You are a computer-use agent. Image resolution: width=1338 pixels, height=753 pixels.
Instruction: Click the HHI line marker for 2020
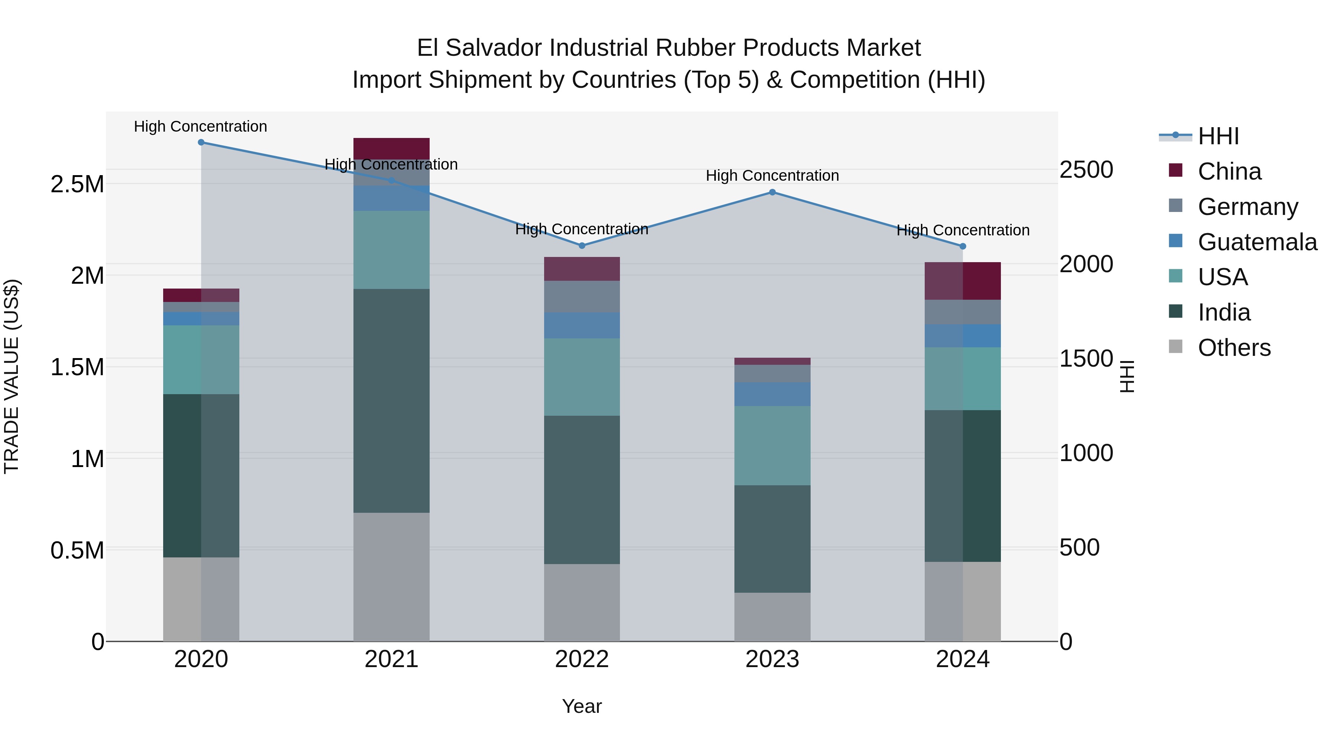[201, 142]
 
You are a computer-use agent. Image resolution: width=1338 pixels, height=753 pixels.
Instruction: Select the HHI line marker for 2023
[772, 192]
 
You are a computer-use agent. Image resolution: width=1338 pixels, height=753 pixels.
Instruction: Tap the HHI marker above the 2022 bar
[582, 246]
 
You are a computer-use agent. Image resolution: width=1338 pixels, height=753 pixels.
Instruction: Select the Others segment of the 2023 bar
[772, 617]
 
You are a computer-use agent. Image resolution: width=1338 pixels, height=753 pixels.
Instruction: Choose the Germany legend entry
[1248, 207]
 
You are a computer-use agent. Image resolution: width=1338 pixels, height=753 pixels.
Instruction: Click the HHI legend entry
[1218, 136]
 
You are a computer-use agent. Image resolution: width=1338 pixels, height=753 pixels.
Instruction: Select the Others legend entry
[1234, 348]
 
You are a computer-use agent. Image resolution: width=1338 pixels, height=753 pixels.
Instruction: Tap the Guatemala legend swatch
[1176, 241]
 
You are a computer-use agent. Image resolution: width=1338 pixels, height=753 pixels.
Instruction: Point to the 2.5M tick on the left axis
[77, 184]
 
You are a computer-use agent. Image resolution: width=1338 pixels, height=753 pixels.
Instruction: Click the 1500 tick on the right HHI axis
[1086, 358]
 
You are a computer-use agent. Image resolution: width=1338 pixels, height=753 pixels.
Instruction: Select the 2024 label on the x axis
[963, 659]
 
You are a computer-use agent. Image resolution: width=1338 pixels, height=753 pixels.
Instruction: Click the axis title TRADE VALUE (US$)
[12, 376]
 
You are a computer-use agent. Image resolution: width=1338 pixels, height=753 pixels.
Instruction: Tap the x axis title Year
[582, 706]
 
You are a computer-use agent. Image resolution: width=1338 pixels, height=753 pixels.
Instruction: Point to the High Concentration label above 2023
[772, 176]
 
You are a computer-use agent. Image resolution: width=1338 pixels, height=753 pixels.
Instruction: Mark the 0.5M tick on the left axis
[77, 550]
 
